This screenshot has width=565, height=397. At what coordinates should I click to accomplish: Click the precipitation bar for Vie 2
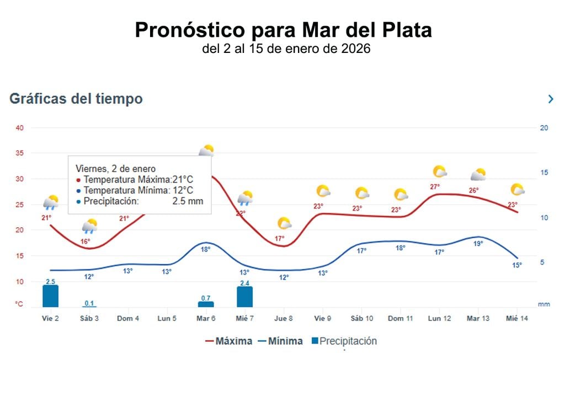click(x=50, y=296)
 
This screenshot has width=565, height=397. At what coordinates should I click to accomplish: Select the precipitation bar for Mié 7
click(x=244, y=297)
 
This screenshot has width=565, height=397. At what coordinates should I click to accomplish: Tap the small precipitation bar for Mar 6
click(x=206, y=304)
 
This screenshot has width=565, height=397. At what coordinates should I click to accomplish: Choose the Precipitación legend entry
click(x=344, y=341)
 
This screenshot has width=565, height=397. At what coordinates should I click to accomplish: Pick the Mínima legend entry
click(x=280, y=341)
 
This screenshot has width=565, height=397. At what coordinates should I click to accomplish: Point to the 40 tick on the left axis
click(x=20, y=128)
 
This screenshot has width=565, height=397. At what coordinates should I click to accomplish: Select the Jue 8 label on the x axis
click(x=283, y=319)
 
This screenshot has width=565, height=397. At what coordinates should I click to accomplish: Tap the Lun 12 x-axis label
click(x=439, y=319)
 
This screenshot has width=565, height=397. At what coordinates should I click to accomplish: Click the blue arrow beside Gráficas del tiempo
click(x=550, y=99)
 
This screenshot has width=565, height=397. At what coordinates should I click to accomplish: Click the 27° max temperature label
click(x=435, y=187)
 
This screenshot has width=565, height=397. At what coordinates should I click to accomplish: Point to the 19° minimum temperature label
click(x=478, y=243)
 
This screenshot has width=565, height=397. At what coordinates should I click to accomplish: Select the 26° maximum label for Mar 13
click(x=473, y=191)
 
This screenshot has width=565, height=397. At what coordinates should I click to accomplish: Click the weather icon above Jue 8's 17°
click(x=284, y=223)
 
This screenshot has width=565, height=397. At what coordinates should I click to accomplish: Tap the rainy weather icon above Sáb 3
click(x=89, y=226)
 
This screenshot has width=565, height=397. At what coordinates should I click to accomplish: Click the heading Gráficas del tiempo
click(x=76, y=99)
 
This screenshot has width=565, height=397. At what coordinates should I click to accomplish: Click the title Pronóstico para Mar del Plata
click(x=283, y=30)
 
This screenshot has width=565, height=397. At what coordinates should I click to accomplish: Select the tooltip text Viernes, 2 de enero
click(x=115, y=169)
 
